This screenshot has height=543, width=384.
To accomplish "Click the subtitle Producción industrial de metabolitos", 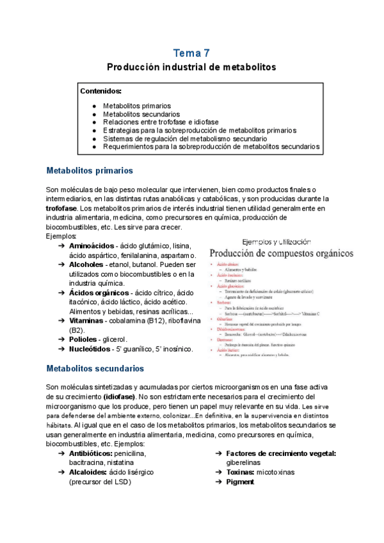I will [x=191, y=67].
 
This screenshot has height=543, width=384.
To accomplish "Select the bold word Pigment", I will [x=241, y=482].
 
